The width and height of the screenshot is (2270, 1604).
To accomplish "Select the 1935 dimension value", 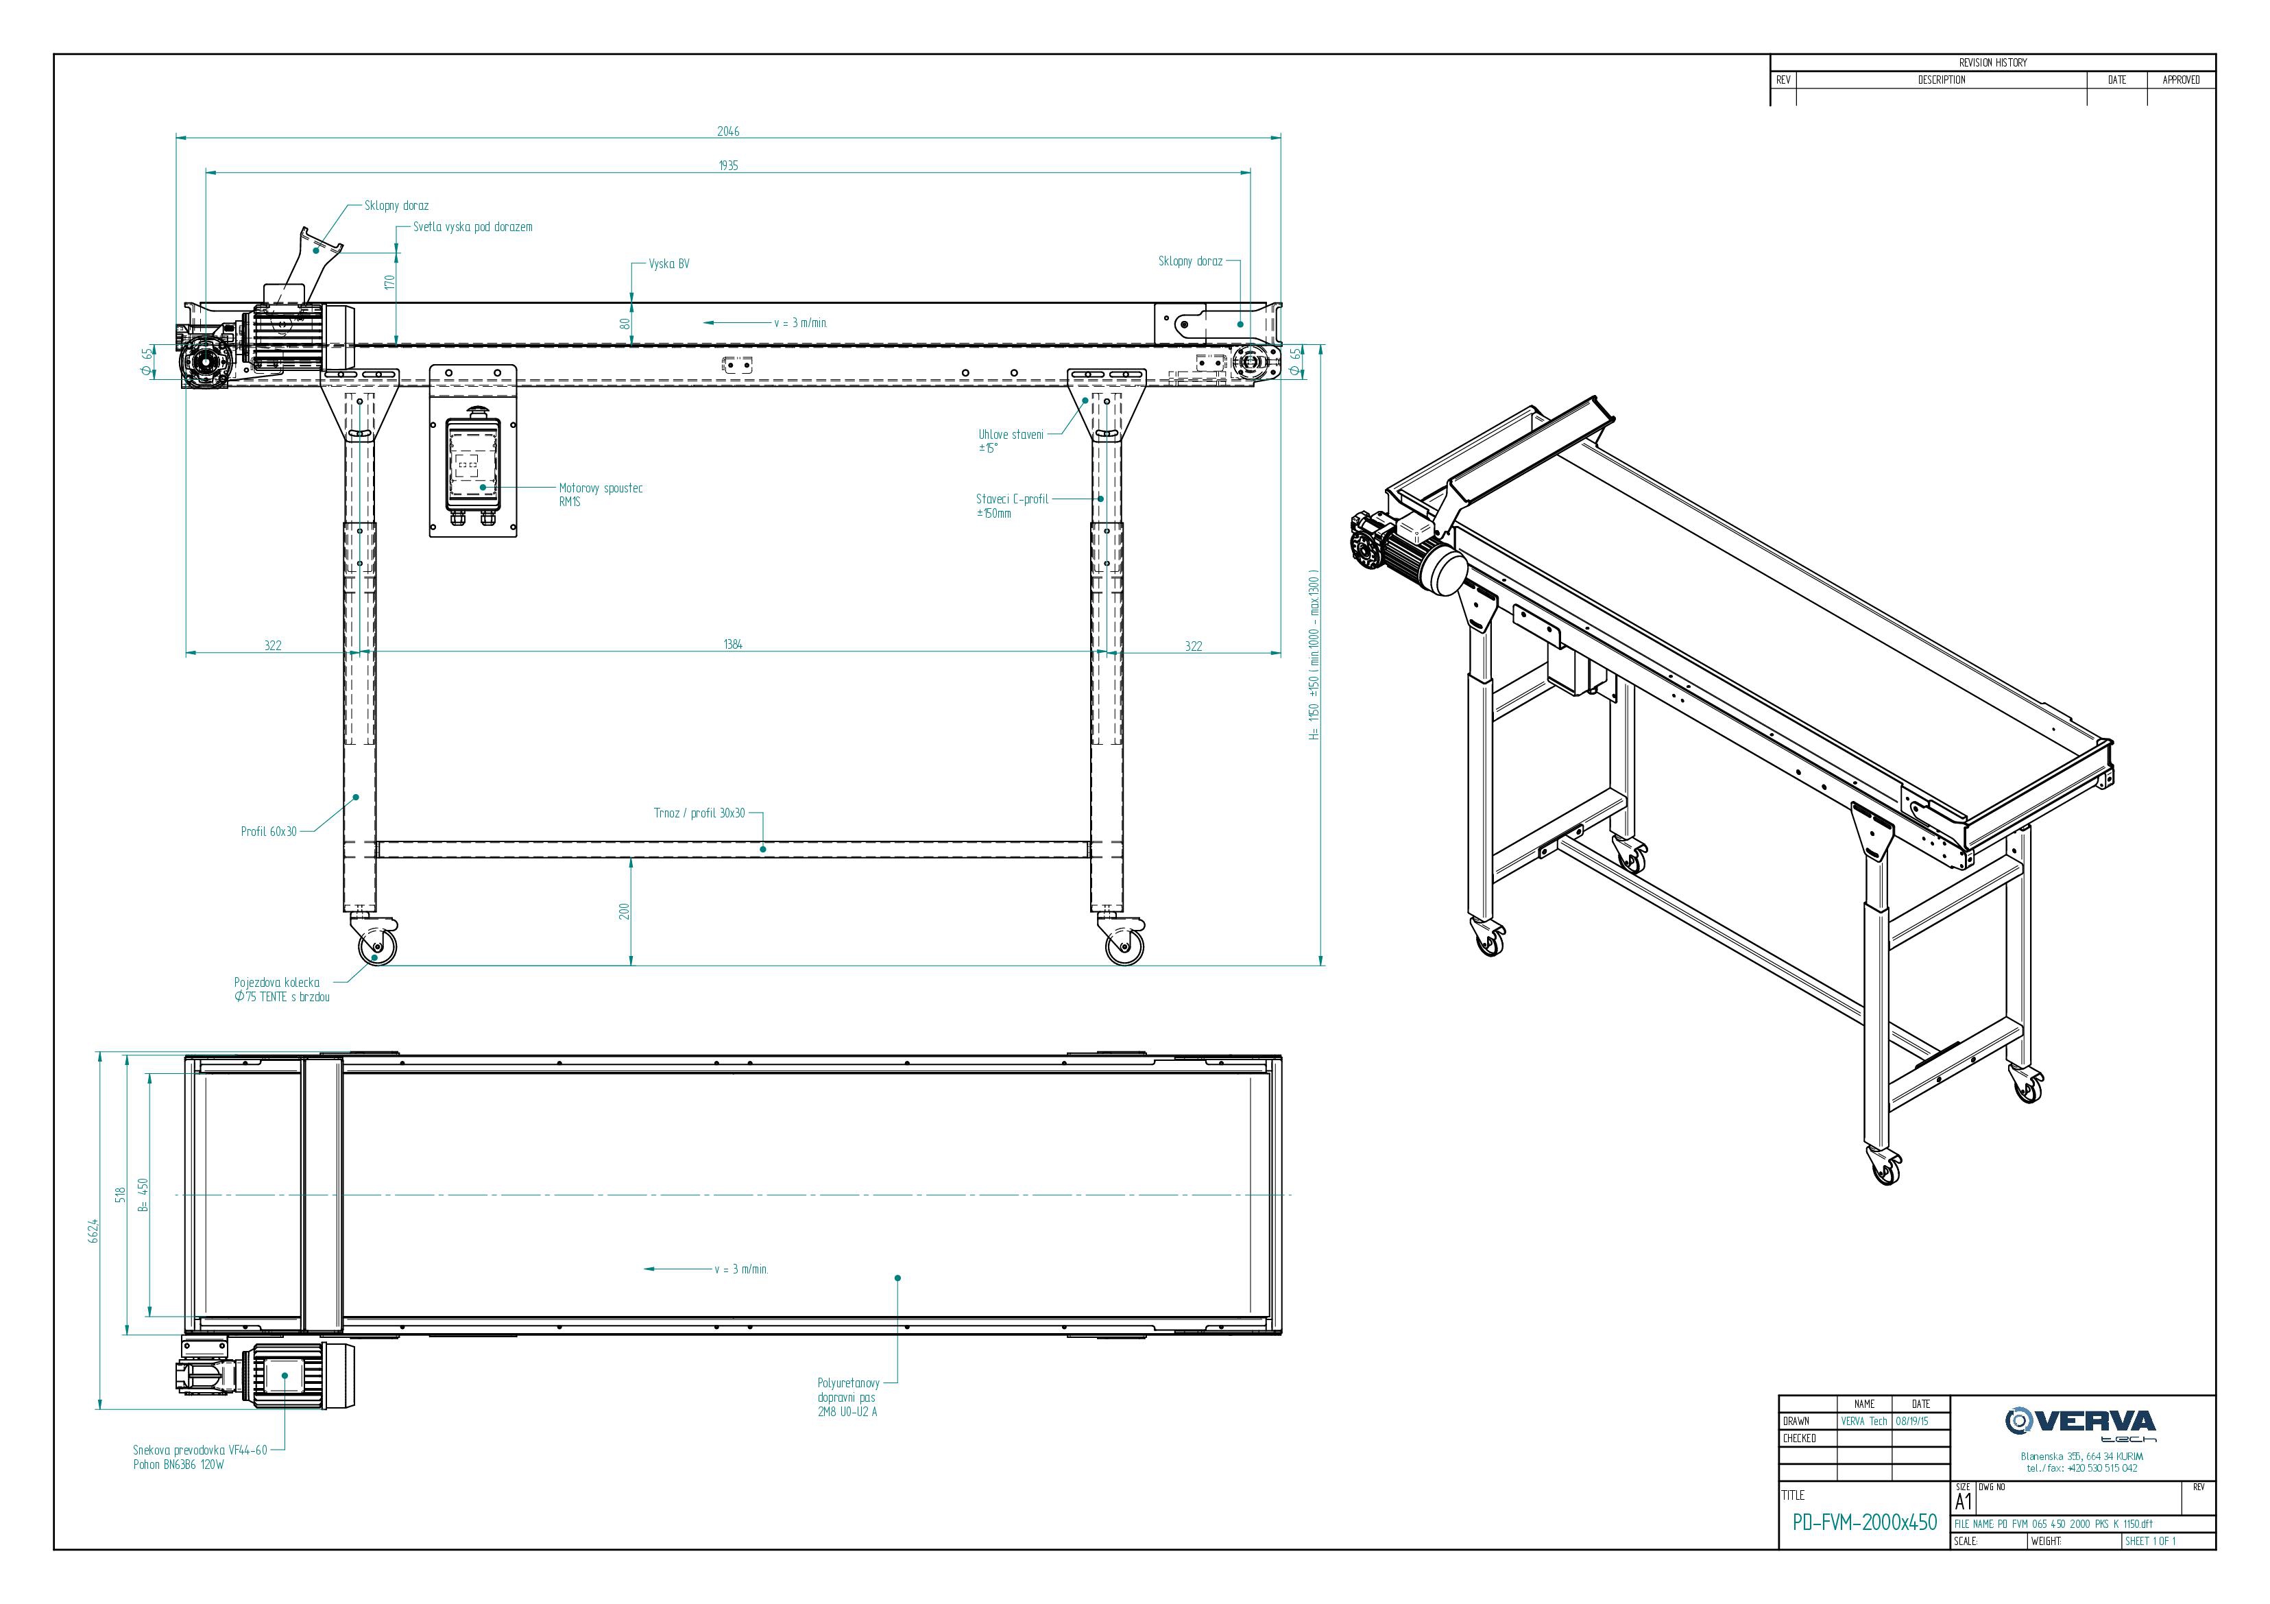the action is coord(729,166).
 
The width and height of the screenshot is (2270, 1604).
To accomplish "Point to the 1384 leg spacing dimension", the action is coord(733,645).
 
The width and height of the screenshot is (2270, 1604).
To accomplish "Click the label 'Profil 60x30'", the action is coord(269,832).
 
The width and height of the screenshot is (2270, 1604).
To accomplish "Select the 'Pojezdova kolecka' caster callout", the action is coord(282,990).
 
